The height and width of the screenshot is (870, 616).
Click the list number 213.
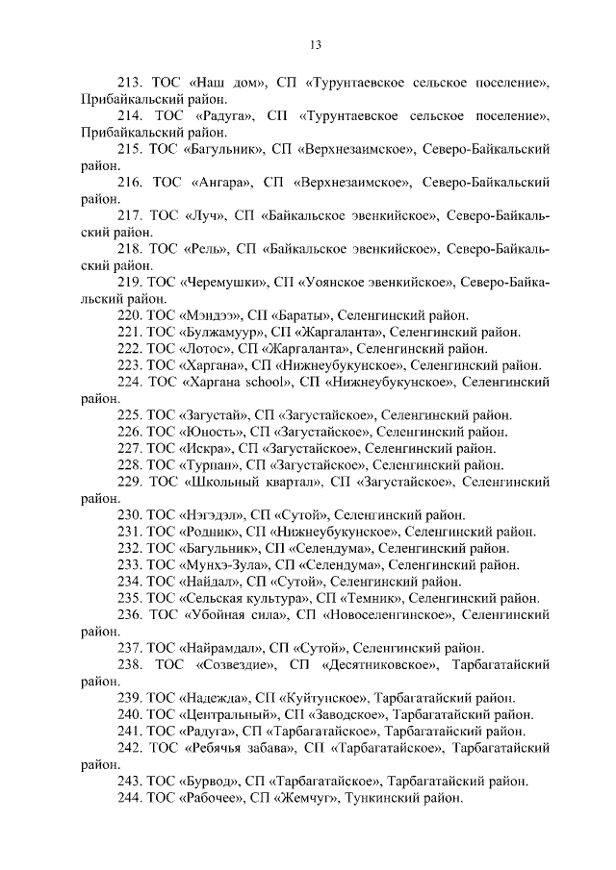[128, 83]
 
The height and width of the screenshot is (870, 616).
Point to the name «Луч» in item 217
[203, 215]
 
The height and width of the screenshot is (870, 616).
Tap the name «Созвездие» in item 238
[235, 664]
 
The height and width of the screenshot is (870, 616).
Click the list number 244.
[128, 798]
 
